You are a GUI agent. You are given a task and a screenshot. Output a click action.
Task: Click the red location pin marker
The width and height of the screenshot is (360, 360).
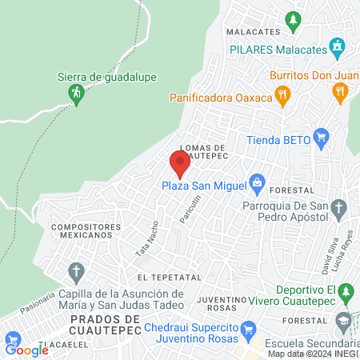[x=180, y=164]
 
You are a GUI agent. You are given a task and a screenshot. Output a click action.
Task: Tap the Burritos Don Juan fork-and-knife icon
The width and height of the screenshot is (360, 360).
[x=341, y=92]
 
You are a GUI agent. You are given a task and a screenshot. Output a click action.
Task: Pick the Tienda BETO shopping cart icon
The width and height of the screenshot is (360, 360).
[x=322, y=137]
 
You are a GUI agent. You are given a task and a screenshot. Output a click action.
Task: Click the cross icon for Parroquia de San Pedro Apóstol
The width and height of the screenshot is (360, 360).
[x=340, y=210]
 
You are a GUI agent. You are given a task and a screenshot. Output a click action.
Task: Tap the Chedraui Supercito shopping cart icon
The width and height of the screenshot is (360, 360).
[x=248, y=328]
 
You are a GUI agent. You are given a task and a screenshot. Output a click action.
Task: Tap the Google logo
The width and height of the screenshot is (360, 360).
[x=26, y=350]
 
